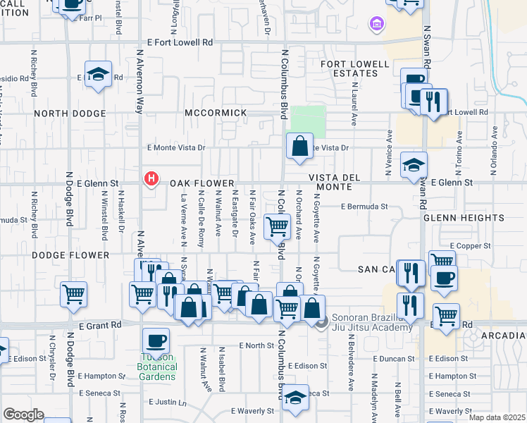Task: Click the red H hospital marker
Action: (x=150, y=180)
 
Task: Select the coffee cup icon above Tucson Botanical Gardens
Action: (x=156, y=341)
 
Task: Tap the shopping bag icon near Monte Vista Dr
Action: (x=299, y=147)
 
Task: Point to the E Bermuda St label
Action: (x=364, y=207)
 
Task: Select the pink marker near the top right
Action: (x=377, y=25)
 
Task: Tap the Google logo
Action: (x=23, y=414)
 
